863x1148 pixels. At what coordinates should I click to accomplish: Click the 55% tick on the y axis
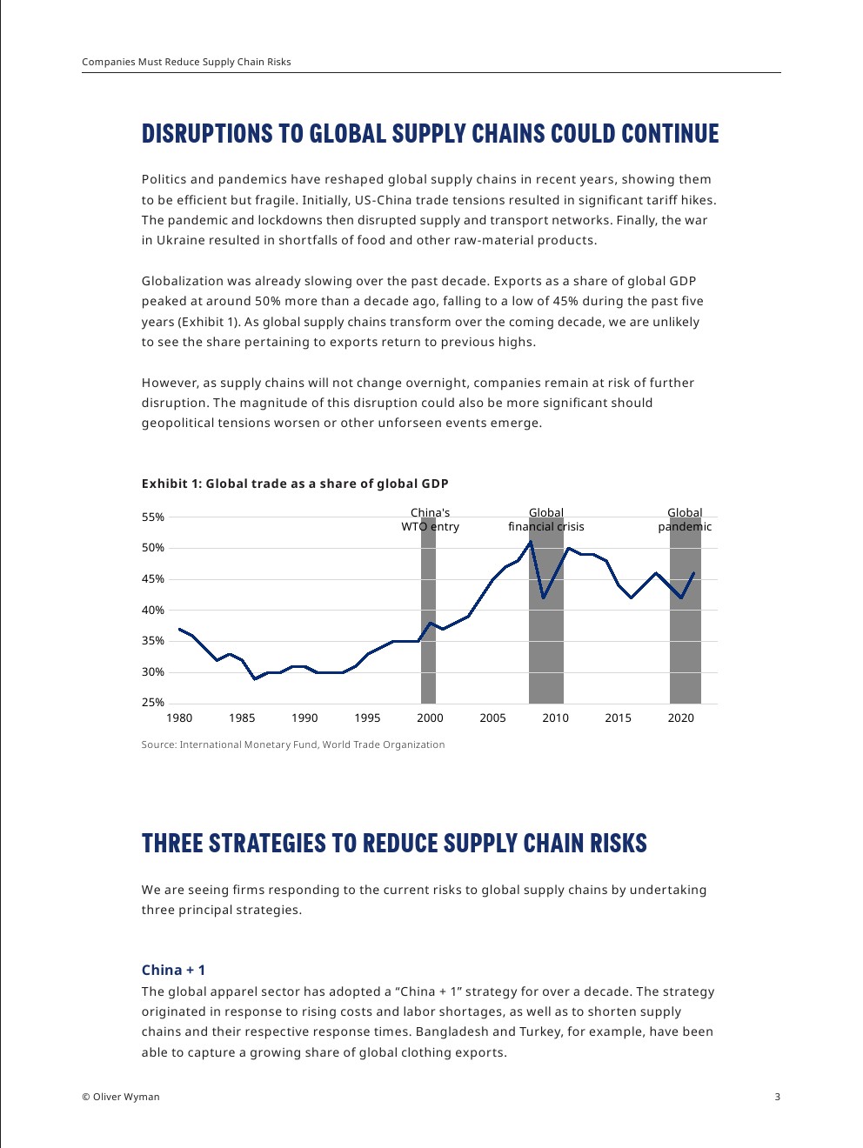pyautogui.click(x=153, y=517)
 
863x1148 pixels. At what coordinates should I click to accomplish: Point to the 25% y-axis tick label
pyautogui.click(x=153, y=703)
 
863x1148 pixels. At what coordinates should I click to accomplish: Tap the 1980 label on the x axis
pyautogui.click(x=179, y=718)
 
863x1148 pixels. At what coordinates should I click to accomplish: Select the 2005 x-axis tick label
pyautogui.click(x=492, y=718)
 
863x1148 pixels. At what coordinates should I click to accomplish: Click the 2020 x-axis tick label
pyautogui.click(x=681, y=718)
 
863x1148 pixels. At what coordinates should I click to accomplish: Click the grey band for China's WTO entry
pyautogui.click(x=428, y=626)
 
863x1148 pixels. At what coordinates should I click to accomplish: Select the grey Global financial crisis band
pyautogui.click(x=546, y=644)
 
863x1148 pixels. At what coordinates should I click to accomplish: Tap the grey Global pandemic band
pyautogui.click(x=686, y=644)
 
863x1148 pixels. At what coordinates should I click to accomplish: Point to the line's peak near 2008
pyautogui.click(x=531, y=542)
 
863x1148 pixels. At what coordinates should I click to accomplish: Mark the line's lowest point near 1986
pyautogui.click(x=255, y=678)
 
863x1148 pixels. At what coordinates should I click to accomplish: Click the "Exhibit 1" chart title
pyautogui.click(x=295, y=484)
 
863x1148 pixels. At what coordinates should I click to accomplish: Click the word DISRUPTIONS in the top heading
pyautogui.click(x=207, y=134)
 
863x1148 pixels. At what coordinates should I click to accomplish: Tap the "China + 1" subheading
pyautogui.click(x=174, y=970)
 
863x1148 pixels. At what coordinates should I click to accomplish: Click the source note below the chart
pyautogui.click(x=293, y=744)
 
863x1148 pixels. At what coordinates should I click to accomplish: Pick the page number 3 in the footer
pyautogui.click(x=778, y=1097)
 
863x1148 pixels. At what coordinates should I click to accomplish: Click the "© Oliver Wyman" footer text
pyautogui.click(x=121, y=1097)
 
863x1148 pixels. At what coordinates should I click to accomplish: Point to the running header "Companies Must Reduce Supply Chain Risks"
pyautogui.click(x=186, y=62)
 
